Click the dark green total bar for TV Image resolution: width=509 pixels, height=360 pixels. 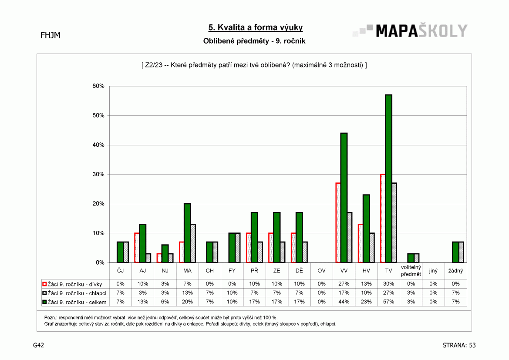[x=388, y=178]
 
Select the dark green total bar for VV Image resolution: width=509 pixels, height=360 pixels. [x=344, y=198]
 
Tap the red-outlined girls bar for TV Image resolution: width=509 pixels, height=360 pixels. [x=383, y=219]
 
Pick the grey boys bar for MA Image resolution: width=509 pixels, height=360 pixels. [x=193, y=243]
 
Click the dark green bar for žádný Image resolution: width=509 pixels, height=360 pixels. [x=455, y=252]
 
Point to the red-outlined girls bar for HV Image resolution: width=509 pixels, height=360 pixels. [x=361, y=243]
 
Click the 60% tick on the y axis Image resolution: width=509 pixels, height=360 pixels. [x=98, y=86]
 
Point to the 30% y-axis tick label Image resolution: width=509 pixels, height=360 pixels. [x=98, y=174]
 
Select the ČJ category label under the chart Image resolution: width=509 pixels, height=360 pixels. [x=121, y=271]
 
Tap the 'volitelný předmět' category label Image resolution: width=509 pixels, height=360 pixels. [x=411, y=271]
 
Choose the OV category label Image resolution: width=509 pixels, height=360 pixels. [x=322, y=271]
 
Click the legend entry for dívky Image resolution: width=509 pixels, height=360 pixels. [x=72, y=284]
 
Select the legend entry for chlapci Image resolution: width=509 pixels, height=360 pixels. [x=74, y=293]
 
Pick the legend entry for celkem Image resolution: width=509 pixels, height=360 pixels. [x=74, y=302]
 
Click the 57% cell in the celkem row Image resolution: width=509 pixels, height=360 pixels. [x=388, y=302]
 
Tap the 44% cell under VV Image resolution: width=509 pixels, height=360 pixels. [x=344, y=302]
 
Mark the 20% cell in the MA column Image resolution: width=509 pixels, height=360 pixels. [x=187, y=302]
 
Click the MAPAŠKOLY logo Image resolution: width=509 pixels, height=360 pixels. [x=410, y=31]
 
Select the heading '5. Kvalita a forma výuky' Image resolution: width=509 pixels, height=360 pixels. [x=256, y=27]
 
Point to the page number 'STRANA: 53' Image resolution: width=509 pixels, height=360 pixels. [x=459, y=345]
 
